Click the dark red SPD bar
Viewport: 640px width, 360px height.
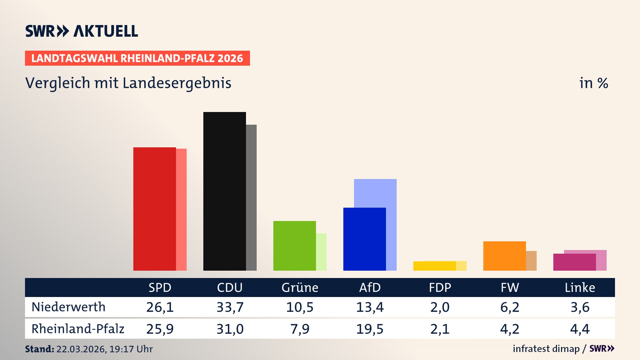point(154,209)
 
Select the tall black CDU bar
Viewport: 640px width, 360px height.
point(224,191)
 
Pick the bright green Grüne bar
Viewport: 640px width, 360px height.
point(294,246)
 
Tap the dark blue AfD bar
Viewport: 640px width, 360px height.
point(364,239)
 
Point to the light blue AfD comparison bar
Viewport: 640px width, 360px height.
point(375,193)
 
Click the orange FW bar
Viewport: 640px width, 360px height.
point(504,256)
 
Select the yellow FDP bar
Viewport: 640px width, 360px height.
point(434,266)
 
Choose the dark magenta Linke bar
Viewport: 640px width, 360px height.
point(574,262)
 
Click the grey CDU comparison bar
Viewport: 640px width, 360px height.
point(251,197)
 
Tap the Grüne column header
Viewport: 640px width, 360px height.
point(300,287)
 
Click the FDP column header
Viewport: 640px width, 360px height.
point(440,287)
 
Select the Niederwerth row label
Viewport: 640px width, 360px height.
point(68,307)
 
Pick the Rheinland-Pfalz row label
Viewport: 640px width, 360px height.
point(78,329)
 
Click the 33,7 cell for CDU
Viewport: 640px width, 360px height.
point(230,307)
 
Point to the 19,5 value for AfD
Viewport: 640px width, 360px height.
point(370,329)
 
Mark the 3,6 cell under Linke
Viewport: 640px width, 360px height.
point(580,307)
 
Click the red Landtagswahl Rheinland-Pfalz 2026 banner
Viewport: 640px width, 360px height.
point(137,58)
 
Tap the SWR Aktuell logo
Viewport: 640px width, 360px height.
point(82,31)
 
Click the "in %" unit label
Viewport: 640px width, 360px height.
point(593,83)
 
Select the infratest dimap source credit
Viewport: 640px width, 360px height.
point(546,349)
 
